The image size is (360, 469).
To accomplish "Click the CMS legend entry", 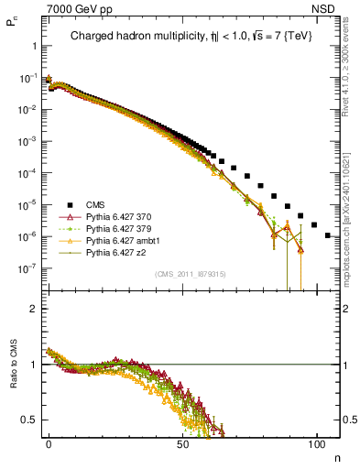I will tap(94, 204).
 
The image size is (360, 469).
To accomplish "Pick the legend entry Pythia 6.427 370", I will tap(117, 216).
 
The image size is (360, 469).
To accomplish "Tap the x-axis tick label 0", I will tap(49, 442).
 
